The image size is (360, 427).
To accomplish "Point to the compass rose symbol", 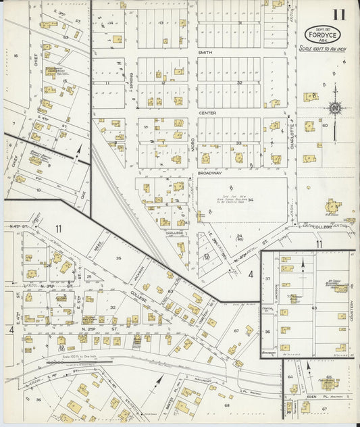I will pos(333,107).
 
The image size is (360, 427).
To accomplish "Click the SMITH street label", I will pos(205,52).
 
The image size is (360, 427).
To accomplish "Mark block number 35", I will pos(118,258).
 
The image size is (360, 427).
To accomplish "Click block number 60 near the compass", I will pos(324,125).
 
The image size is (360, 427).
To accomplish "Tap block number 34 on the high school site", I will pos(250,199).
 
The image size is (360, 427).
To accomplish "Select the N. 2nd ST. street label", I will pos(88,328).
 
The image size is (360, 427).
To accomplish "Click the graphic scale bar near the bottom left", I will pos(64,363).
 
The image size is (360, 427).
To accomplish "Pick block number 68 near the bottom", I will pos(227,405).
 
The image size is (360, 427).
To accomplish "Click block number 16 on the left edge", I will pos(15,56).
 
